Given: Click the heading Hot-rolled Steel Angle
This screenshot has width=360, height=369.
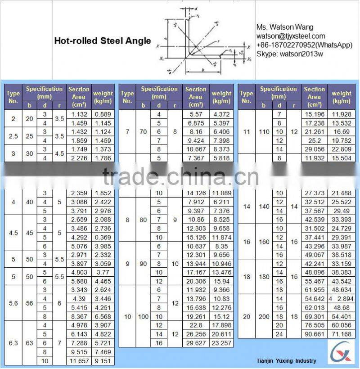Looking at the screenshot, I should [103, 41].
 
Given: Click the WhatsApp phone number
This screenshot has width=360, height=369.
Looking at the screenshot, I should [304, 45].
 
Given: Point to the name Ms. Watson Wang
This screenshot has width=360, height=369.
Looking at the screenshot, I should [285, 27].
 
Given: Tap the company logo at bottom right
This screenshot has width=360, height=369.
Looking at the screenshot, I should [342, 352].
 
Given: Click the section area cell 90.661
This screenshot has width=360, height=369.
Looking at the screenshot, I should [314, 334].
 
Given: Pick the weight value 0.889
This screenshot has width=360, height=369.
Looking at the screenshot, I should [103, 114].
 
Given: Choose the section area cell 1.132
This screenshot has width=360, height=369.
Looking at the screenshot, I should [79, 114].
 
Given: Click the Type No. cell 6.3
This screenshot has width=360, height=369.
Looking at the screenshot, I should [13, 343].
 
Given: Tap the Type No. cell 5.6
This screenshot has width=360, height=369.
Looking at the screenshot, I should [13, 303].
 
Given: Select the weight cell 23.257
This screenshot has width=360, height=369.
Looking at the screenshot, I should [221, 343].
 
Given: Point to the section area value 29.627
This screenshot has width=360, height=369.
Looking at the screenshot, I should [195, 343].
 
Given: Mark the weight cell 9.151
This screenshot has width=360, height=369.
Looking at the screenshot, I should [103, 360].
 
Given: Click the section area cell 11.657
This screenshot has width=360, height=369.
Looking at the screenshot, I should [79, 360].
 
